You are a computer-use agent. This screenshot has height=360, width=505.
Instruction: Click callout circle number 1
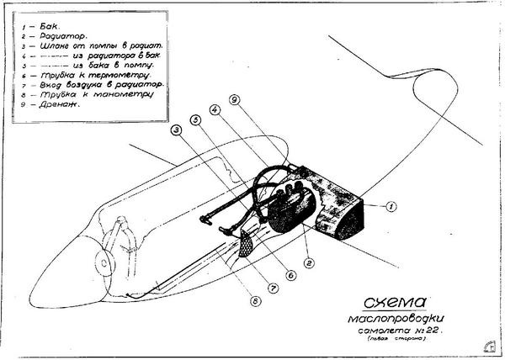pos(391,205)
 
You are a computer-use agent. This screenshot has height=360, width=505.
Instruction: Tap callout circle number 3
pos(177,130)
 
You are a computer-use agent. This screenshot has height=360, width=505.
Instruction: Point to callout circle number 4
pos(215,109)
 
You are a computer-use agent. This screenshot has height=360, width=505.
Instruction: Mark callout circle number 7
pos(273,287)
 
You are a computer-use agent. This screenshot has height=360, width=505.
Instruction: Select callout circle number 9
pos(235,99)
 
